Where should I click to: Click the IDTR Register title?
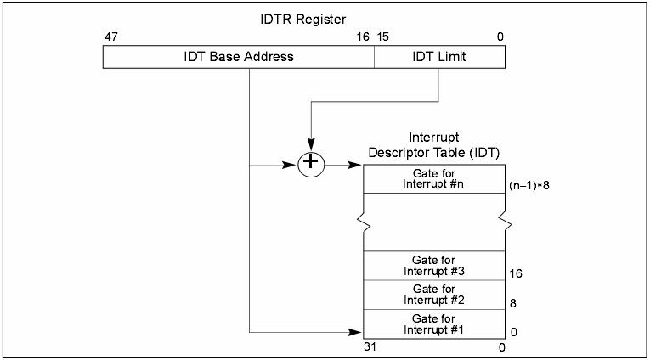point(304,19)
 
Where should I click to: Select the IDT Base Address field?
point(239,57)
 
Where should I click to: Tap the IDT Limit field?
point(438,57)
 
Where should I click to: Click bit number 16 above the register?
point(363,37)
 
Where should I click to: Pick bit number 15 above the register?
point(383,37)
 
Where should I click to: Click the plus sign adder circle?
point(311,163)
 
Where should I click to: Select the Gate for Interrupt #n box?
point(434,178)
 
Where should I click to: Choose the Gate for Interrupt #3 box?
point(434,265)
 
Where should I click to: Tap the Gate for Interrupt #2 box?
point(434,294)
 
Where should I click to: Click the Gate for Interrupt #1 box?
point(434,323)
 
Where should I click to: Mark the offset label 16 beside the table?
point(516,274)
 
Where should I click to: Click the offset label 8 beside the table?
point(513,303)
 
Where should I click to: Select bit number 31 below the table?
point(370,346)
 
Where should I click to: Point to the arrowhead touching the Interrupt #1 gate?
point(358,330)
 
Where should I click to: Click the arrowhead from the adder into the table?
point(358,164)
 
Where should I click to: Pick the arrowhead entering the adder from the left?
point(291,164)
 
